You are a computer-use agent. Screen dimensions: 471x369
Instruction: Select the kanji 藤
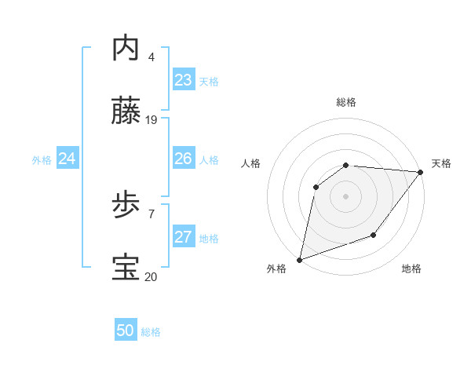click(127, 112)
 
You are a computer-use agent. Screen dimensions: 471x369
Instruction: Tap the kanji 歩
click(127, 206)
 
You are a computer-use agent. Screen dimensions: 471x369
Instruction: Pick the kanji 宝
click(127, 269)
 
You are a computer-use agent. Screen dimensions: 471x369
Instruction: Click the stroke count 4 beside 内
click(151, 57)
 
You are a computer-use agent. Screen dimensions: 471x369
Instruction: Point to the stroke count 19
click(152, 120)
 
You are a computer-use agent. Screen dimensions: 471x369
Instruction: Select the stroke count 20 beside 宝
click(152, 276)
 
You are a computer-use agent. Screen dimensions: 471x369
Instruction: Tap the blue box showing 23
click(184, 80)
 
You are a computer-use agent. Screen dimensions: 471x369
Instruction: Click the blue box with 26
click(184, 159)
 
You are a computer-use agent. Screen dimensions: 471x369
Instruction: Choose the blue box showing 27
click(184, 237)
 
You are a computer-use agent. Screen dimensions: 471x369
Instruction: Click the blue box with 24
click(68, 159)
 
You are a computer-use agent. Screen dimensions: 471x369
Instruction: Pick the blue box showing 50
click(126, 331)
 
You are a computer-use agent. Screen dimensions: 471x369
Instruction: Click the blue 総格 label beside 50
click(151, 332)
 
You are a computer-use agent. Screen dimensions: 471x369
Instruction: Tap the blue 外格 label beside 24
click(42, 160)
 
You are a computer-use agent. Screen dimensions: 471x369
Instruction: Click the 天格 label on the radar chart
click(441, 163)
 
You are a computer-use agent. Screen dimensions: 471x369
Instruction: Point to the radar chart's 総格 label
click(346, 102)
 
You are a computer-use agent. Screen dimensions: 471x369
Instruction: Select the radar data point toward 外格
click(300, 260)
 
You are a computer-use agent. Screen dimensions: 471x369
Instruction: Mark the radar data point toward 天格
click(420, 173)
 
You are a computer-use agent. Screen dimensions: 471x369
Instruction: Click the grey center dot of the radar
click(345, 196)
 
